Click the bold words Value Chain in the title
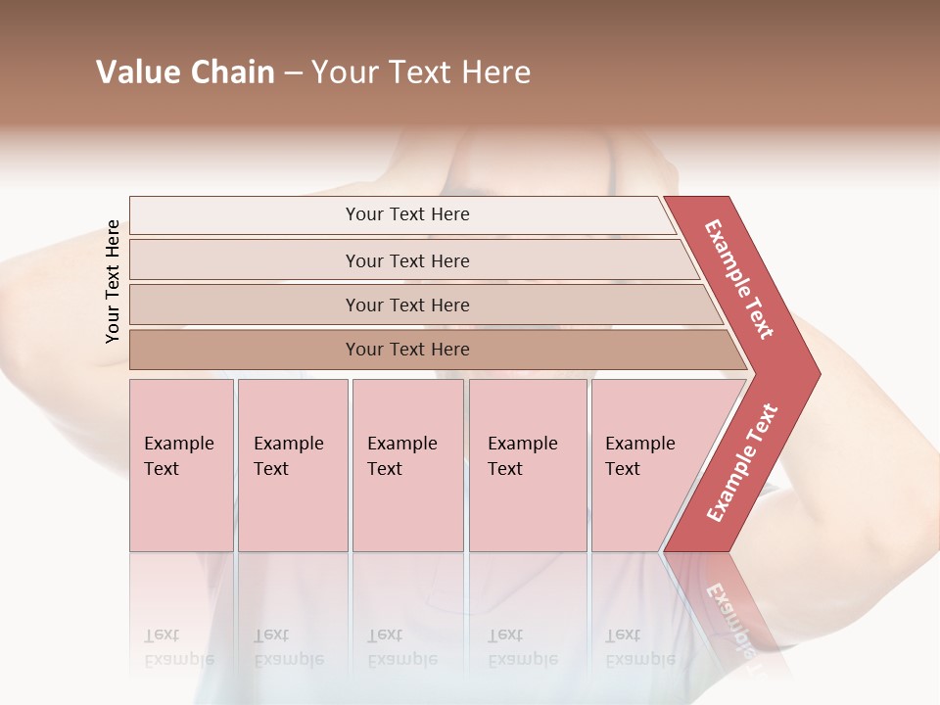[185, 72]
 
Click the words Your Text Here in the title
[421, 72]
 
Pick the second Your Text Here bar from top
[407, 260]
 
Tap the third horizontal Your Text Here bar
[407, 305]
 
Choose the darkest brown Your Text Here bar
[407, 350]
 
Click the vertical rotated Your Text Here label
[113, 281]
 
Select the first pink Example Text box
[181, 465]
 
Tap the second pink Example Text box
[293, 465]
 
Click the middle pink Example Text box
[407, 465]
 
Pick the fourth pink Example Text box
[528, 465]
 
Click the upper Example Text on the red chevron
[739, 279]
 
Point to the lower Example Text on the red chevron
[742, 462]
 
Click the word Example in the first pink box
[178, 444]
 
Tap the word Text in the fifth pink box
[623, 469]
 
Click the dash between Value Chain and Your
[293, 73]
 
